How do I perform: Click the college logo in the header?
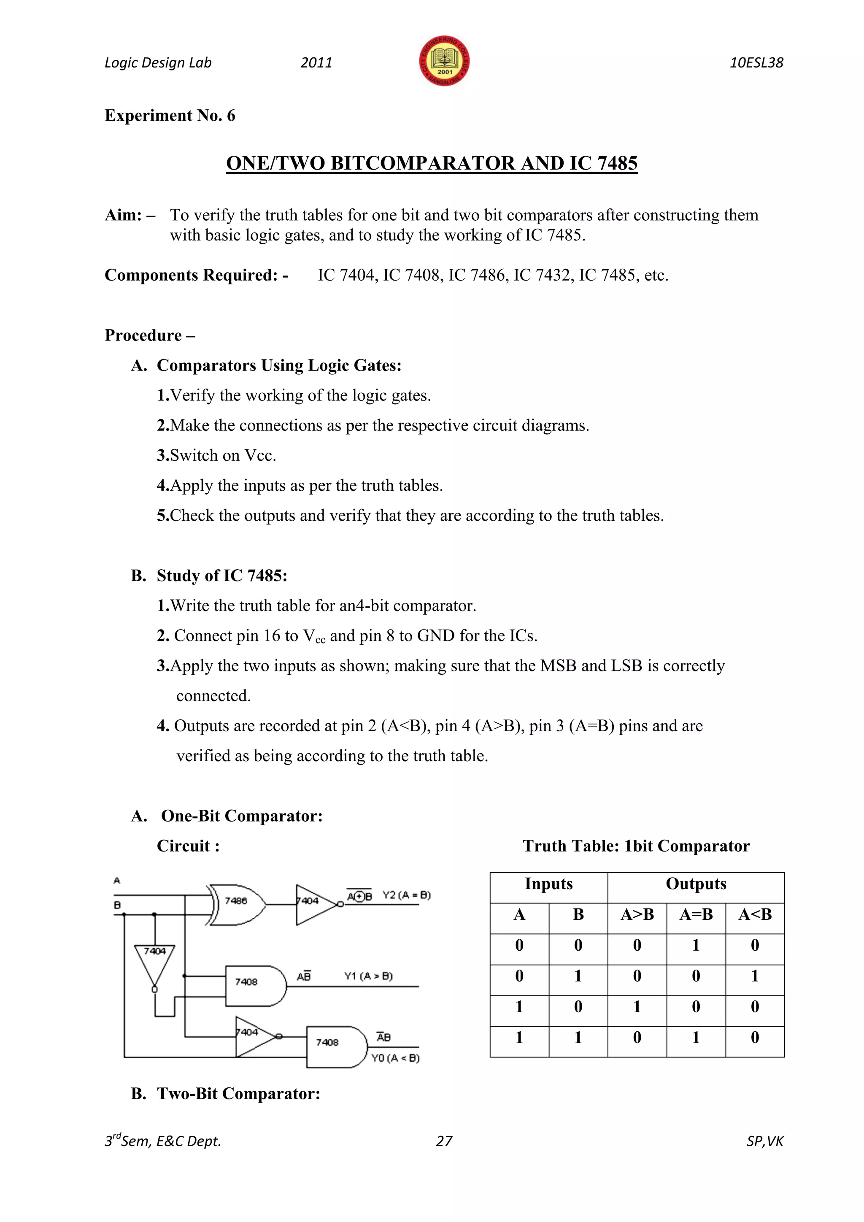point(444,62)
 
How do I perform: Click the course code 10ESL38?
point(756,63)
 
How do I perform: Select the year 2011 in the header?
point(316,63)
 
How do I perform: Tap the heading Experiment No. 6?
point(170,116)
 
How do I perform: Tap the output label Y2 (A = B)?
point(406,895)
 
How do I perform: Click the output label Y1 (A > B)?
point(368,976)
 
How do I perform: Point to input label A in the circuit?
point(117,880)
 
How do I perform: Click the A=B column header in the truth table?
point(695,915)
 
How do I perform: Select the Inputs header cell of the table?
point(548,884)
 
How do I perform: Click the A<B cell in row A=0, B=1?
point(754,976)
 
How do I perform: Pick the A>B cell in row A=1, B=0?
point(637,1007)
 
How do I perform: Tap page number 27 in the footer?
point(444,1141)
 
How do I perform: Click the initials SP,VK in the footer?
point(764,1141)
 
